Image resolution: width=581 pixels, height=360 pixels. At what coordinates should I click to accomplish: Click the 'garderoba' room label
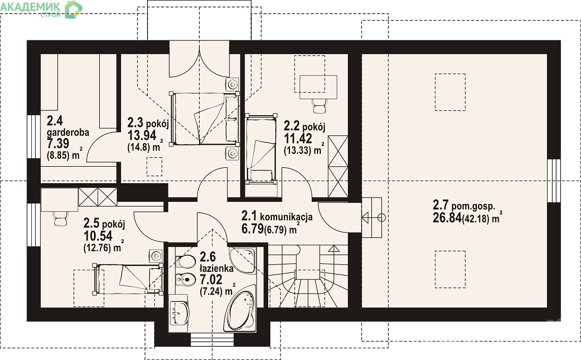68,132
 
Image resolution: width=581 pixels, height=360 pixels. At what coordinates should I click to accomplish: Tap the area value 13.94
142,135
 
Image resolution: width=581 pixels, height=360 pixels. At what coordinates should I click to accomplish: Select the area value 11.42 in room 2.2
298,139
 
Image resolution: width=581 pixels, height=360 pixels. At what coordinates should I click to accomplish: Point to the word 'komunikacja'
286,217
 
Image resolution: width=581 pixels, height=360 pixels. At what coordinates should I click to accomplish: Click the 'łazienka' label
216,268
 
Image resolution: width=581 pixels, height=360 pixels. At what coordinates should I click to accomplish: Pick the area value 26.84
447,217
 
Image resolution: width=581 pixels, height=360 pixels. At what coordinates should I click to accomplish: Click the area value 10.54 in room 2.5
98,236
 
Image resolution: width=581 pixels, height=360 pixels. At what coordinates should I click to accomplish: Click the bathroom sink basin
180,313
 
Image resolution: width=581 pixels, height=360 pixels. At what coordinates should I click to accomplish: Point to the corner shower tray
242,260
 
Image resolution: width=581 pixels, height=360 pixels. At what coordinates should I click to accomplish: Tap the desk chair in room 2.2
319,106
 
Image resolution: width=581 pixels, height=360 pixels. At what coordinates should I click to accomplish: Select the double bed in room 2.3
204,118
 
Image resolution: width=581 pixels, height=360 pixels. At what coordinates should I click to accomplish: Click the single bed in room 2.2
261,148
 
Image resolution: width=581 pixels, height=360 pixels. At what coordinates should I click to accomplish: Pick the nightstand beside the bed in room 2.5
156,255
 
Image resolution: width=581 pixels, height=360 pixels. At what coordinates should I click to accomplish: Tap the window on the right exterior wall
554,181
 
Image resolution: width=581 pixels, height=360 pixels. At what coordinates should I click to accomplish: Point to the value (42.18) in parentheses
476,219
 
